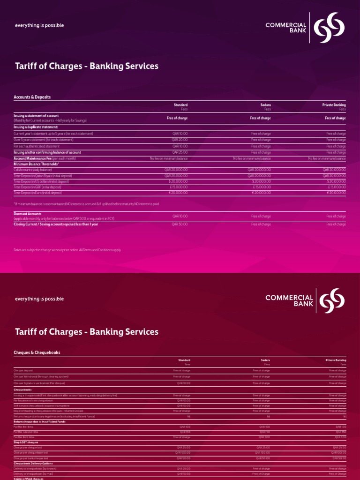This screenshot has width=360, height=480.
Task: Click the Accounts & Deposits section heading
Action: click(x=32, y=97)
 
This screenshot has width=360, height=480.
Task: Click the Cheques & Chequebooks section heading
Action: click(x=37, y=352)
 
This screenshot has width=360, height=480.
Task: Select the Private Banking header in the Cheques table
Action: click(x=336, y=360)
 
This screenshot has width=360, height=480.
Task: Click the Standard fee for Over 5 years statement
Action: click(x=180, y=140)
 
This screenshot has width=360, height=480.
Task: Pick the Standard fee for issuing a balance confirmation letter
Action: click(x=180, y=152)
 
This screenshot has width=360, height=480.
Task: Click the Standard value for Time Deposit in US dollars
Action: click(x=178, y=181)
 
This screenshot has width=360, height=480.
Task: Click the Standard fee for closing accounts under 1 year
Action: click(x=180, y=224)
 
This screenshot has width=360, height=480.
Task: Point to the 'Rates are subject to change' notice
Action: click(x=67, y=250)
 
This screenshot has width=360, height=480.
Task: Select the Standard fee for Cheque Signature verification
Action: click(x=183, y=383)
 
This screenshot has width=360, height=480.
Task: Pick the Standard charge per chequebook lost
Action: click(x=183, y=453)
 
